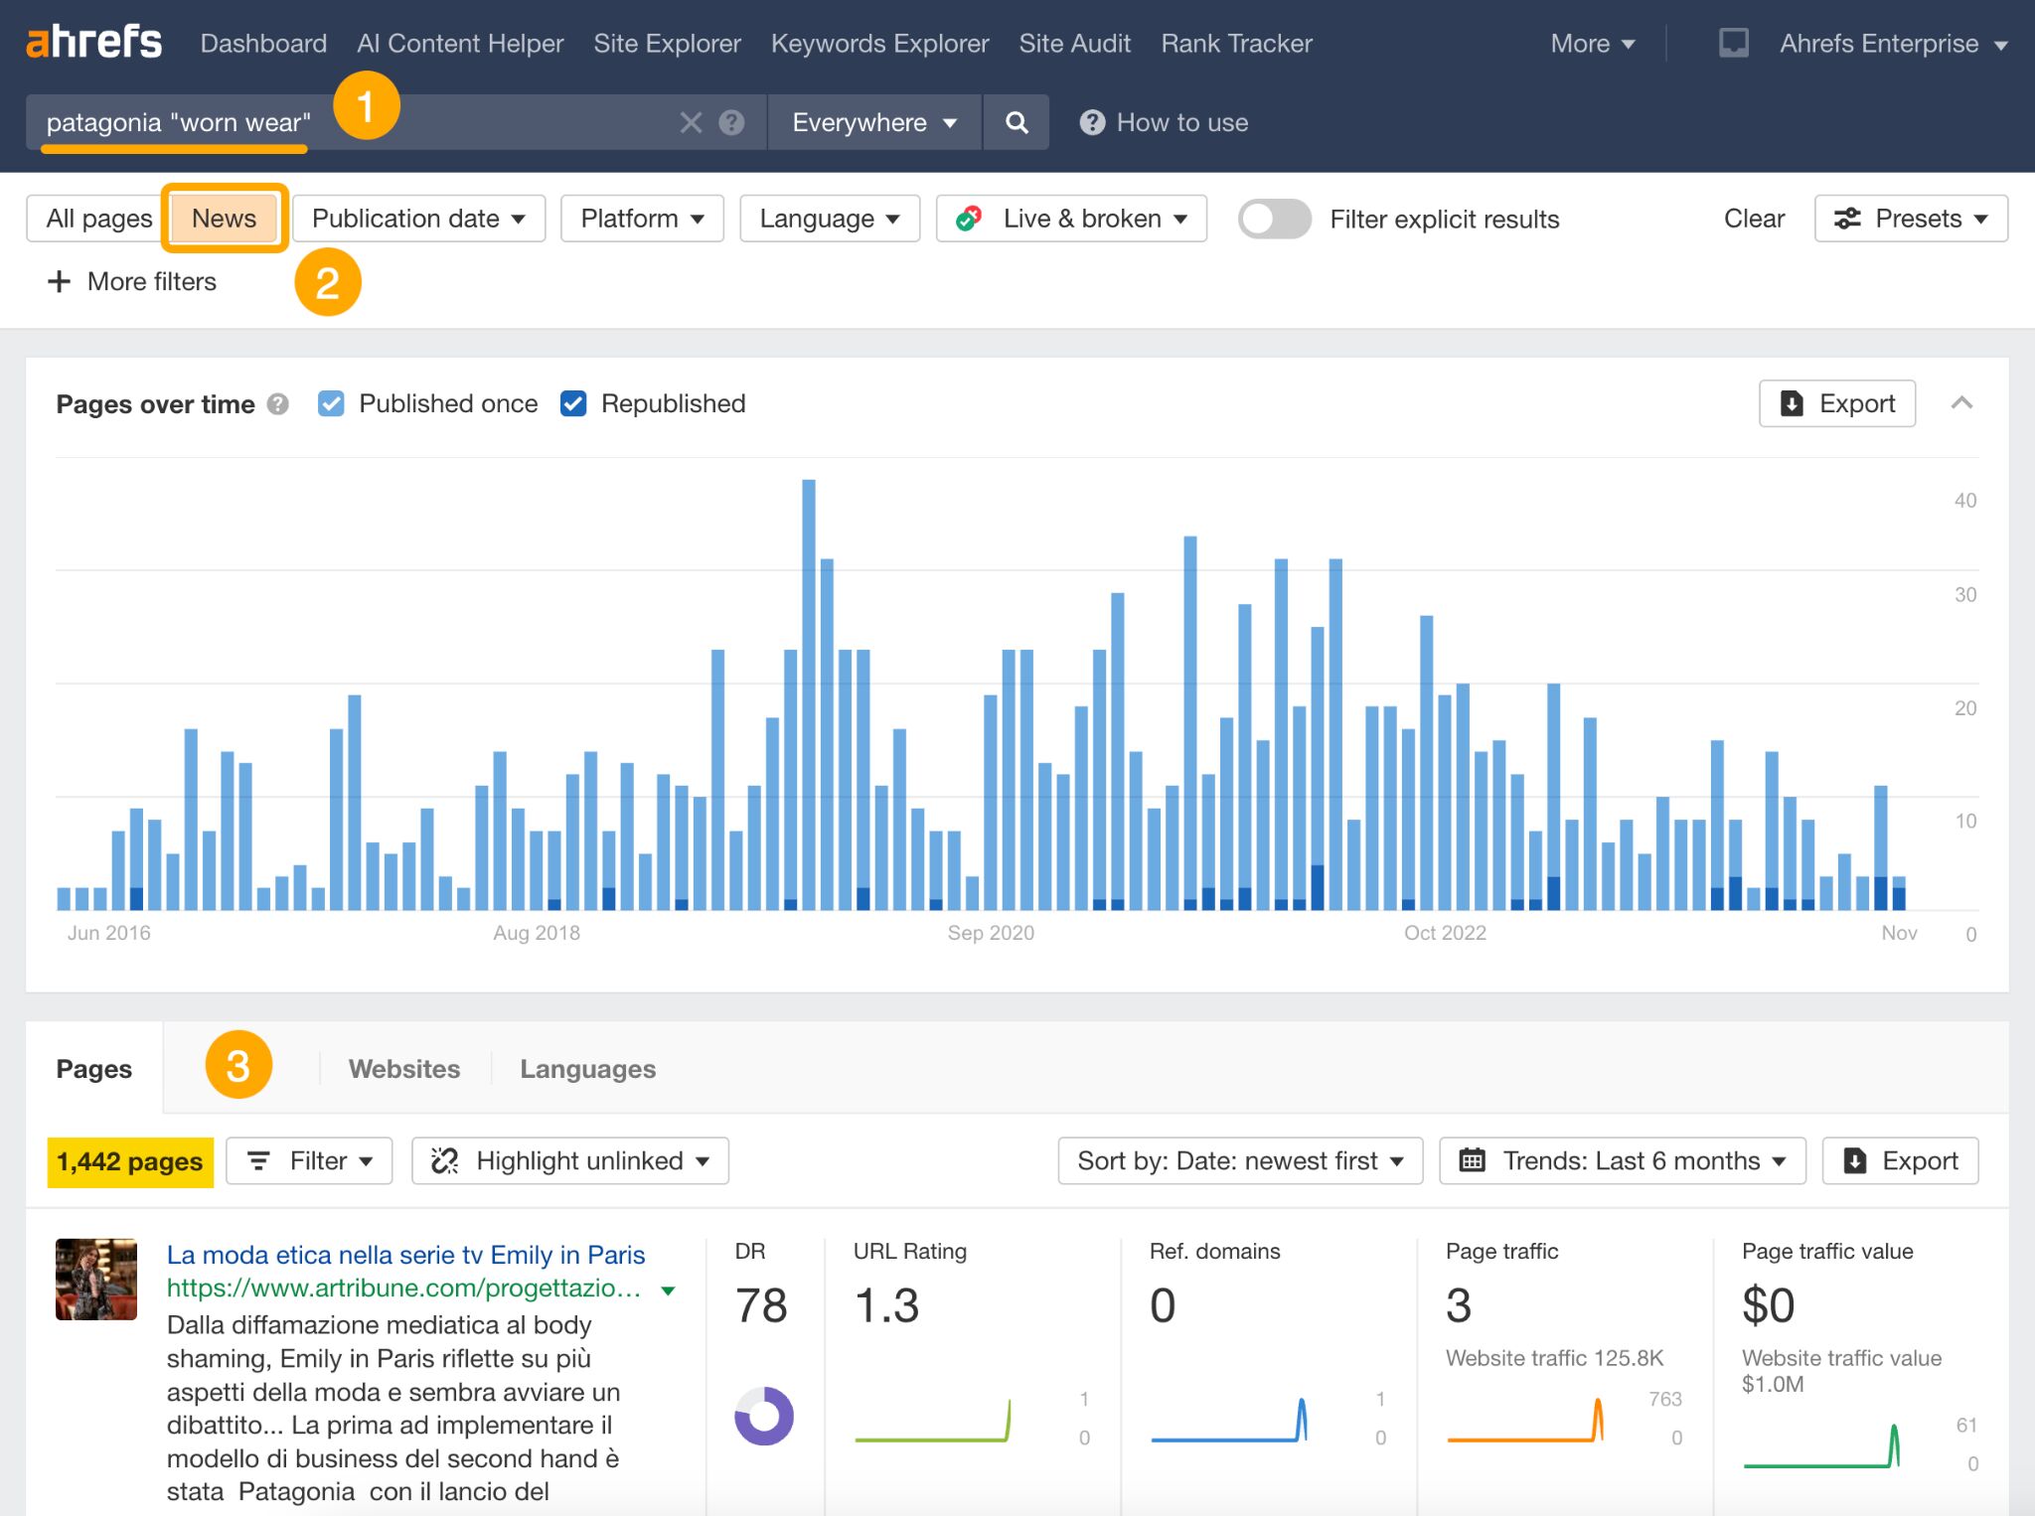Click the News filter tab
click(224, 219)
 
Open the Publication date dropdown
click(418, 219)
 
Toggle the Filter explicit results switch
click(1274, 219)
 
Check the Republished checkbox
click(573, 403)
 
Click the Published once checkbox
click(331, 403)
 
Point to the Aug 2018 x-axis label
click(537, 933)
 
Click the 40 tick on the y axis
click(1964, 501)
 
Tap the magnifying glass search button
click(1016, 122)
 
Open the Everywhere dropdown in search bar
click(873, 122)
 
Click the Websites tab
click(404, 1069)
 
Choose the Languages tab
click(587, 1069)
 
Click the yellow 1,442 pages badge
click(130, 1161)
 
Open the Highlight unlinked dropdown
click(570, 1161)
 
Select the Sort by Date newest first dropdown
click(1240, 1161)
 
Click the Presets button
click(1910, 219)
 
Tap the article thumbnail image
click(96, 1279)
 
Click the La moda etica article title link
click(405, 1255)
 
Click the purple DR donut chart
click(763, 1416)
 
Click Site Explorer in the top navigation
click(667, 44)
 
